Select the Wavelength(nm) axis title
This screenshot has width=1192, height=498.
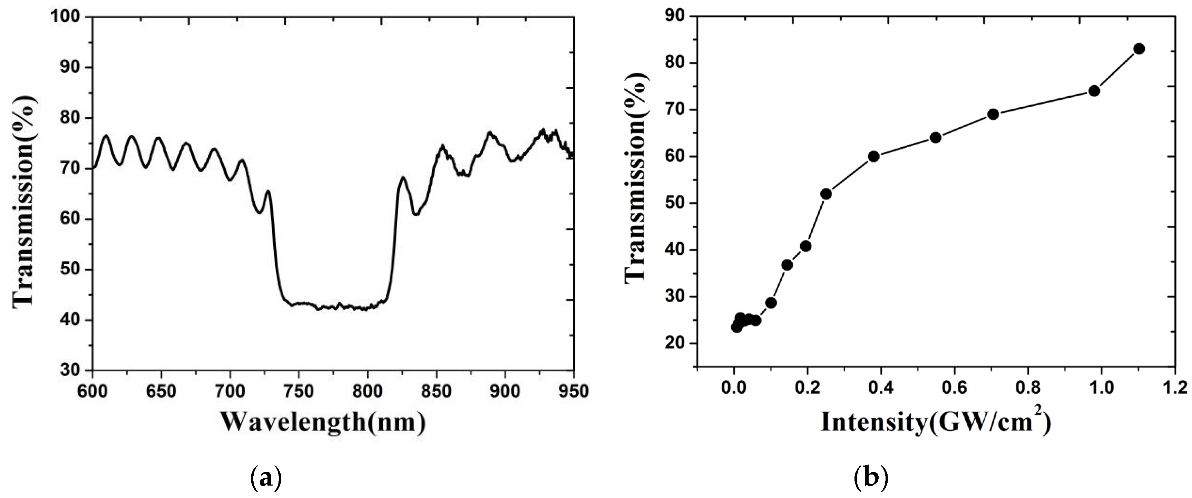coord(323,422)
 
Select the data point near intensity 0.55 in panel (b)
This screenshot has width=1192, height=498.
coord(936,137)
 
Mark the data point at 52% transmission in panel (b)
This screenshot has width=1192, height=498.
coord(826,194)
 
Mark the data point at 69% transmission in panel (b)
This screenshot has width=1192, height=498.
coord(993,114)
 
